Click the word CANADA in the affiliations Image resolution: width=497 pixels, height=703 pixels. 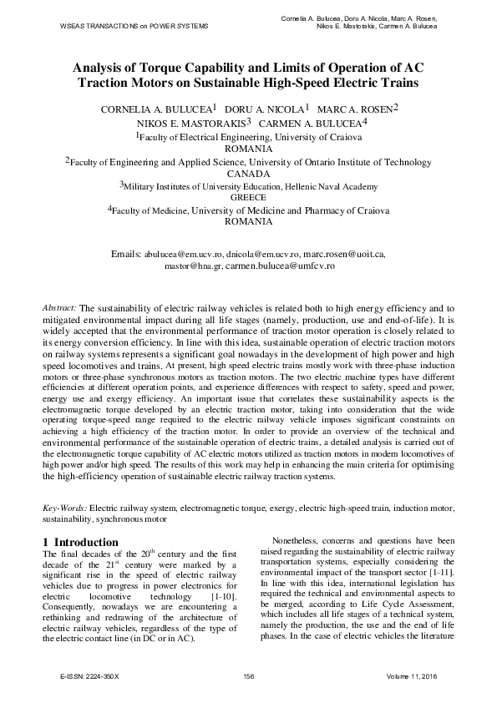pos(249,174)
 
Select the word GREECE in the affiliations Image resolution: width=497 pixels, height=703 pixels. pos(248,198)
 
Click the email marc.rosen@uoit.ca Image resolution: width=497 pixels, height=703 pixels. pos(344,252)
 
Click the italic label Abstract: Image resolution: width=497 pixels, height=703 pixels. pos(59,307)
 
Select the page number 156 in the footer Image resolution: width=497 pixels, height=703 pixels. pos(248,675)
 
